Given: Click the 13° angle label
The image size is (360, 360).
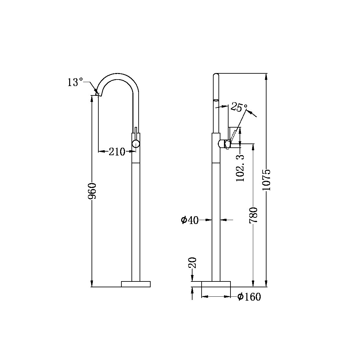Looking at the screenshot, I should (75, 82).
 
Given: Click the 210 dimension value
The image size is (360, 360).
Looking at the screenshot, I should (117, 151).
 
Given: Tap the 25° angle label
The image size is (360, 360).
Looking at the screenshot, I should (239, 107).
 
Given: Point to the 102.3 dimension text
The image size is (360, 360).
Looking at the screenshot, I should (241, 168).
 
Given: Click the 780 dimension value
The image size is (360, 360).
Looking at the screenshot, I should (253, 215).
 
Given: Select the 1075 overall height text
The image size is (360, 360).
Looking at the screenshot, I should (267, 180).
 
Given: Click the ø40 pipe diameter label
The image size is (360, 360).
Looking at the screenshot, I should (190, 220).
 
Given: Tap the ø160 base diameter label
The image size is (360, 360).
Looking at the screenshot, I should (249, 297).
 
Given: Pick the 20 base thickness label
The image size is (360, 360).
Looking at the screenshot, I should (192, 263).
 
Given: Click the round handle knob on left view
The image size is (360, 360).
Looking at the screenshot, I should (136, 144).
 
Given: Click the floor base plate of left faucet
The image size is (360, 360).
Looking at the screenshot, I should (136, 284).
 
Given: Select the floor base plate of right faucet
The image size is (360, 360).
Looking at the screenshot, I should (216, 284).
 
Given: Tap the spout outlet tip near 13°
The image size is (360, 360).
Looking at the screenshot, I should (99, 94).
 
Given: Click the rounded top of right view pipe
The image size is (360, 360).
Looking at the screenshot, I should (216, 76).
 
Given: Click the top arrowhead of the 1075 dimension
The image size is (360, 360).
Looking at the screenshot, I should (267, 77).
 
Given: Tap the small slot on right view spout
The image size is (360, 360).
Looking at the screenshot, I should (216, 100).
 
